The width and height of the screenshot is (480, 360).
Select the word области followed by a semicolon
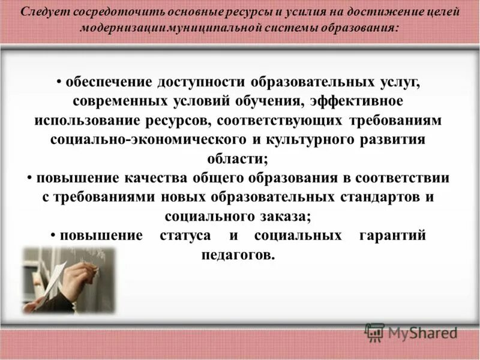pyautogui.click(x=240, y=158)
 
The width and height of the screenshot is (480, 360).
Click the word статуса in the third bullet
pyautogui.click(x=185, y=235)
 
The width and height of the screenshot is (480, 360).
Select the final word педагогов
pyautogui.click(x=238, y=254)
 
